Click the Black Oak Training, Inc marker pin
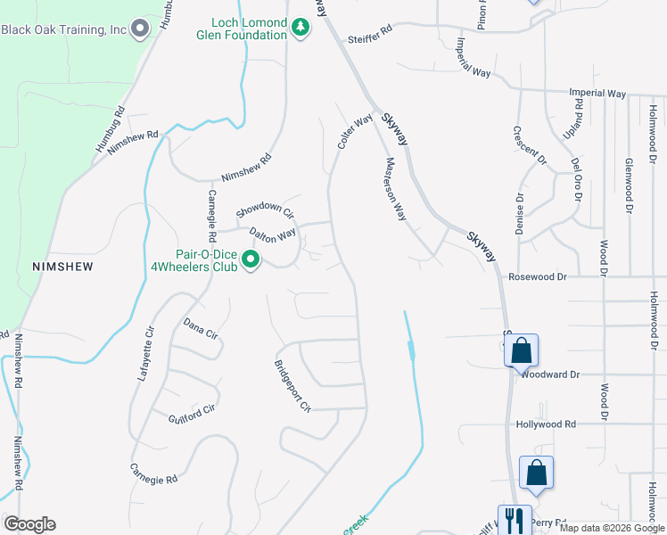coord(139,29)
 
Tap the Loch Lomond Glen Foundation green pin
coord(301,29)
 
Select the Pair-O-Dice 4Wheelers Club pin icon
coord(251,260)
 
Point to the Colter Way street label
coord(354,131)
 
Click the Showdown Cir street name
coord(264,211)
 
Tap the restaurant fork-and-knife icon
coord(514,519)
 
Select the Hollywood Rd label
coord(546,424)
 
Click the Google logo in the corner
coord(29,524)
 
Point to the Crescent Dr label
coord(529,144)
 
